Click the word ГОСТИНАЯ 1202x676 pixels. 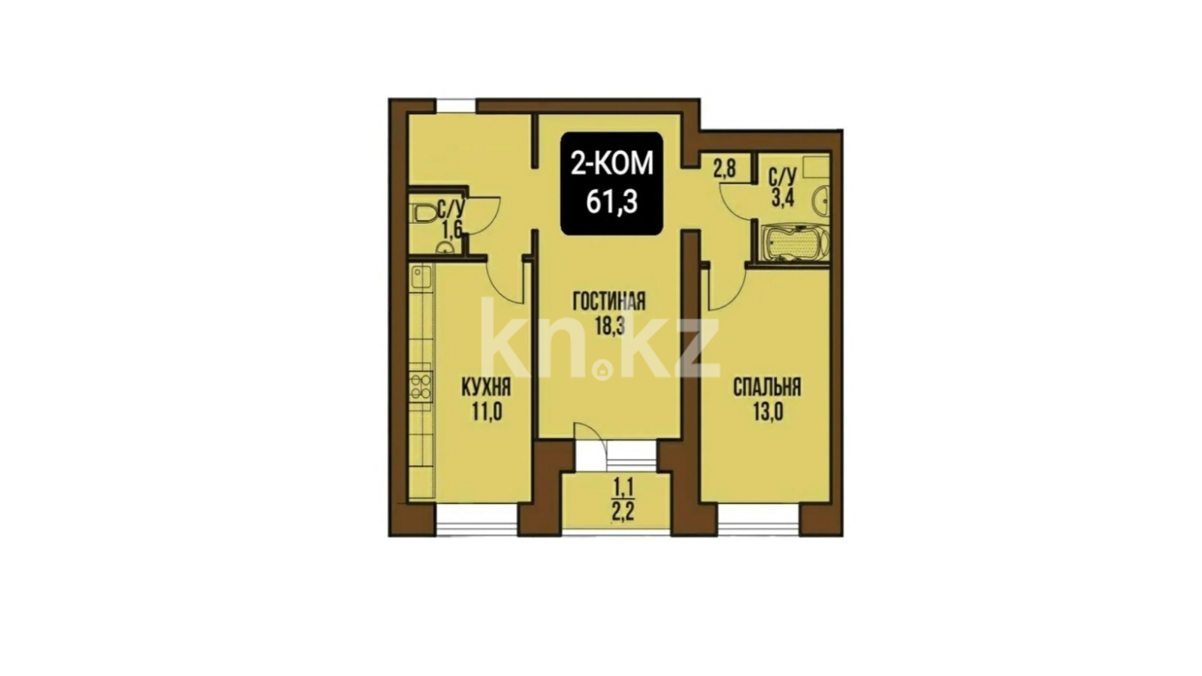tap(609, 301)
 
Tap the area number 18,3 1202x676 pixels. tap(609, 325)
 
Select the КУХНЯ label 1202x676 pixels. tap(486, 388)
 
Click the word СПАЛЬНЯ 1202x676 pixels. tap(767, 388)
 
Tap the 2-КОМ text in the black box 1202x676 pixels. tap(612, 164)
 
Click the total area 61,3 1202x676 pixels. tap(612, 202)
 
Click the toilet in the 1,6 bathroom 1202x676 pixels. tap(425, 214)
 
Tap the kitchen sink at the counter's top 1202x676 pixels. tap(421, 277)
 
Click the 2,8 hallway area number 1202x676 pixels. tap(724, 170)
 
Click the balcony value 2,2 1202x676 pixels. tap(623, 512)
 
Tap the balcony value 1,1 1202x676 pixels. tap(623, 487)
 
